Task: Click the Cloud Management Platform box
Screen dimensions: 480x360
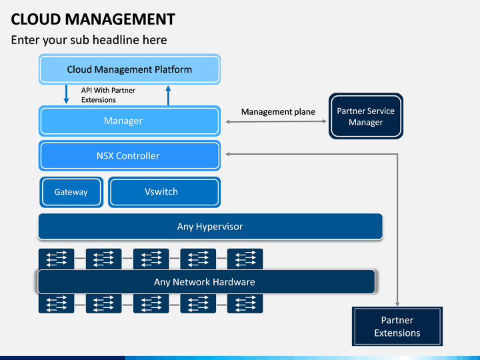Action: point(129,69)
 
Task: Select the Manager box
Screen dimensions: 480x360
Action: point(129,121)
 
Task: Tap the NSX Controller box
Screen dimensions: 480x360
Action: point(129,155)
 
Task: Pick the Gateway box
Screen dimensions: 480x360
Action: point(71,192)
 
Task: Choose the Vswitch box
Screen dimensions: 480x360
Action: point(165,192)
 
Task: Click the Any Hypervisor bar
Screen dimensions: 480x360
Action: point(210,227)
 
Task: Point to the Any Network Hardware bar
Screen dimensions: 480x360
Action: point(206,281)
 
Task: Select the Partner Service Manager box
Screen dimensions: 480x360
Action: point(366,116)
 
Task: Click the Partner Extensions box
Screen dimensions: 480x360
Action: point(397,326)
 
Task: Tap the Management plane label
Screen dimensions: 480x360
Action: point(278,112)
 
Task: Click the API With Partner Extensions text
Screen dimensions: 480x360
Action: point(108,95)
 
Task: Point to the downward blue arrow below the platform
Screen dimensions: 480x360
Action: point(66,94)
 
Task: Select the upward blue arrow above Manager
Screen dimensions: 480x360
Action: point(168,95)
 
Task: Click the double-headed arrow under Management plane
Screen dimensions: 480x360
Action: point(276,121)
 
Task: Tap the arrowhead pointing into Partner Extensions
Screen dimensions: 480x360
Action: point(397,304)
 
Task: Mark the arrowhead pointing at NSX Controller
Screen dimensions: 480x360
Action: point(228,154)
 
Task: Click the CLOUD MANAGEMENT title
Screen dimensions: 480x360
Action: point(93,19)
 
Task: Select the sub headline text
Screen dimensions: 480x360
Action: point(89,40)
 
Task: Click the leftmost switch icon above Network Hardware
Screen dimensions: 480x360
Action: point(56,259)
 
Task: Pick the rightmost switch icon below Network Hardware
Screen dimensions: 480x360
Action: point(245,303)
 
